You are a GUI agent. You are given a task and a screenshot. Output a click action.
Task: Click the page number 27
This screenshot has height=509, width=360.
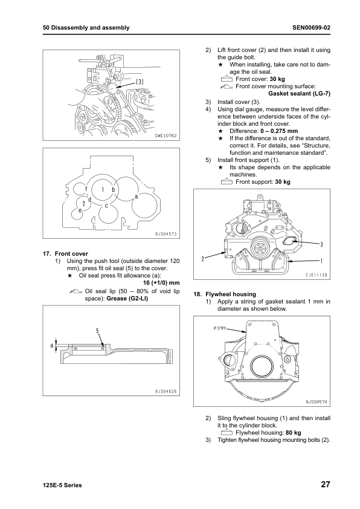click(x=326, y=484)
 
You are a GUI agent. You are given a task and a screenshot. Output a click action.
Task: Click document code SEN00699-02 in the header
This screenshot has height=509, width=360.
click(x=311, y=28)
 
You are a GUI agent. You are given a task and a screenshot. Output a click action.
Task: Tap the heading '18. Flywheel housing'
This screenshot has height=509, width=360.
click(x=225, y=294)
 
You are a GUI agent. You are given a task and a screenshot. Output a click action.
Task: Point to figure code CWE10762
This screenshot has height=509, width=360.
click(x=165, y=135)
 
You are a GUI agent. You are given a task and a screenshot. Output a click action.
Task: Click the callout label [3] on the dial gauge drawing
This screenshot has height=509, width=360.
click(x=140, y=82)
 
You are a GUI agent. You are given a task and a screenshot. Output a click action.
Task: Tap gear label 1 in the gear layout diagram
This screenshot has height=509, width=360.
click(x=103, y=189)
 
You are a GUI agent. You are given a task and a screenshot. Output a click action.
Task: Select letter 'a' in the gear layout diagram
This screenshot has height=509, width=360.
click(x=137, y=196)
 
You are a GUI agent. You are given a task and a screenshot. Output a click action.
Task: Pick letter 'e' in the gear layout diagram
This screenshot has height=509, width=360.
click(x=80, y=210)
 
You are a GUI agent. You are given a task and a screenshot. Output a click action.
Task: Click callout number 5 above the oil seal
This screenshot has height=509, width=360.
click(x=97, y=331)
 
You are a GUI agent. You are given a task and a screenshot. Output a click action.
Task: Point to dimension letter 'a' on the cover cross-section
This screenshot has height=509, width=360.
click(x=51, y=345)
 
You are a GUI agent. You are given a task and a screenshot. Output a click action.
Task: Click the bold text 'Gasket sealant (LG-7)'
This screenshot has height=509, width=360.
click(x=300, y=94)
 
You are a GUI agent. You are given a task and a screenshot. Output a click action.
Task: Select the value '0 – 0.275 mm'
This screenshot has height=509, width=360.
click(x=279, y=131)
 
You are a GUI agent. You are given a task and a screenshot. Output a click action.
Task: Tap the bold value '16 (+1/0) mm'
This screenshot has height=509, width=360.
click(x=161, y=283)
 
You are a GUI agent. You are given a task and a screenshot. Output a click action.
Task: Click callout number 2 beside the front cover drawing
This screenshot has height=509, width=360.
click(x=203, y=259)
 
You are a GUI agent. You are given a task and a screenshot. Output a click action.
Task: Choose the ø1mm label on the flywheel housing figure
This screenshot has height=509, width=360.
click(x=220, y=328)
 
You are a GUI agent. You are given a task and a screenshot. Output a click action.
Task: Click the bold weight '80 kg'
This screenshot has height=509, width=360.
click(x=294, y=432)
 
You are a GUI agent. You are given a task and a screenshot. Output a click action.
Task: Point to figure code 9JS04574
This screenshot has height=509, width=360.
click(x=317, y=401)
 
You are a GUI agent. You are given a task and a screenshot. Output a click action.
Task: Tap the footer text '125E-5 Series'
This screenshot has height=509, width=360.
click(x=62, y=485)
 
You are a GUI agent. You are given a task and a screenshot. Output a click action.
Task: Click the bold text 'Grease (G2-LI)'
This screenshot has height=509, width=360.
click(x=127, y=298)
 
